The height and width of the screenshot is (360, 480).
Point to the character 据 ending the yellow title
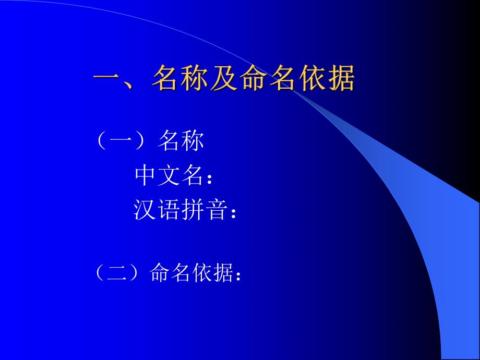[341, 79]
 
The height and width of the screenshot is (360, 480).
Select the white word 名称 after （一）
[181, 141]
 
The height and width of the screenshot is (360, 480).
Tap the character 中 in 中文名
[146, 176]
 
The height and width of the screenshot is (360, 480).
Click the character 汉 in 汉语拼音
[146, 210]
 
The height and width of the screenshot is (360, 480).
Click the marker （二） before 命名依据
[118, 272]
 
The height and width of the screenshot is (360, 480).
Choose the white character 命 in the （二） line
[160, 272]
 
